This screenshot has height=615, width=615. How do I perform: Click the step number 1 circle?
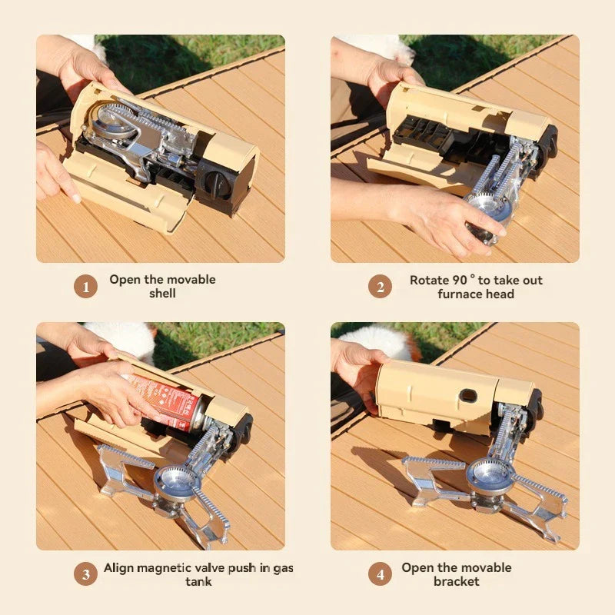[85, 287]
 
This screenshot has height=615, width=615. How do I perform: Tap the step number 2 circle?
[380, 287]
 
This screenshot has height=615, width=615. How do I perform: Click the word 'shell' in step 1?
[162, 294]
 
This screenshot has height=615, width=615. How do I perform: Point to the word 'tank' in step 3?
[198, 582]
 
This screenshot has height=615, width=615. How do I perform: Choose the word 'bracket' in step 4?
[456, 582]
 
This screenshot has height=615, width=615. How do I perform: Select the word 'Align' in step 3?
[120, 568]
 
